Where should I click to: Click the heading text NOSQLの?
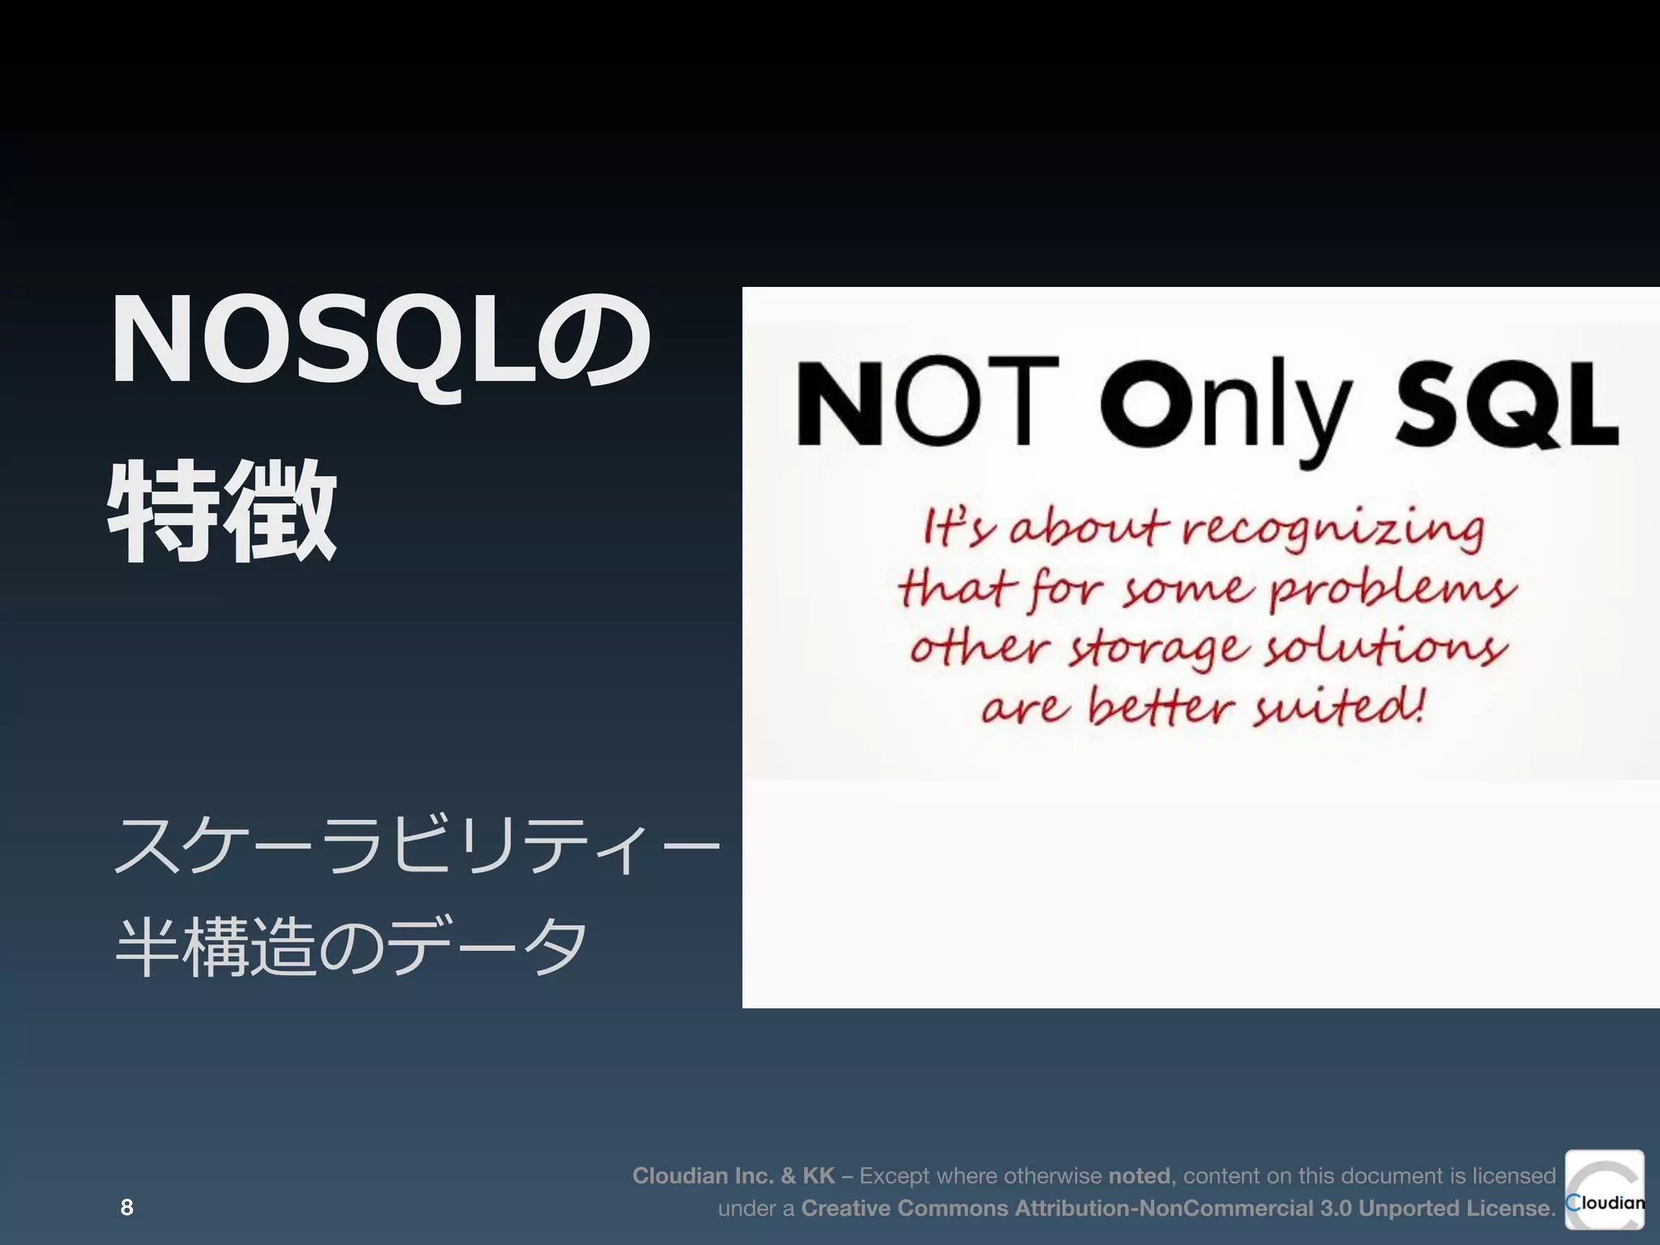coord(379,340)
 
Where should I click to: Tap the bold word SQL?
coord(1506,403)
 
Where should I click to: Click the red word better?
coord(1160,707)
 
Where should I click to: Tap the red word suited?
coord(1338,707)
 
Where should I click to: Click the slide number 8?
coord(126,1207)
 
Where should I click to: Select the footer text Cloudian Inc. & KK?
coord(733,1175)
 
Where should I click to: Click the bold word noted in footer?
coord(1139,1175)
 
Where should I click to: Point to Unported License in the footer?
coord(1453,1208)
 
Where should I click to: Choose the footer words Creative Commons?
coord(905,1208)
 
